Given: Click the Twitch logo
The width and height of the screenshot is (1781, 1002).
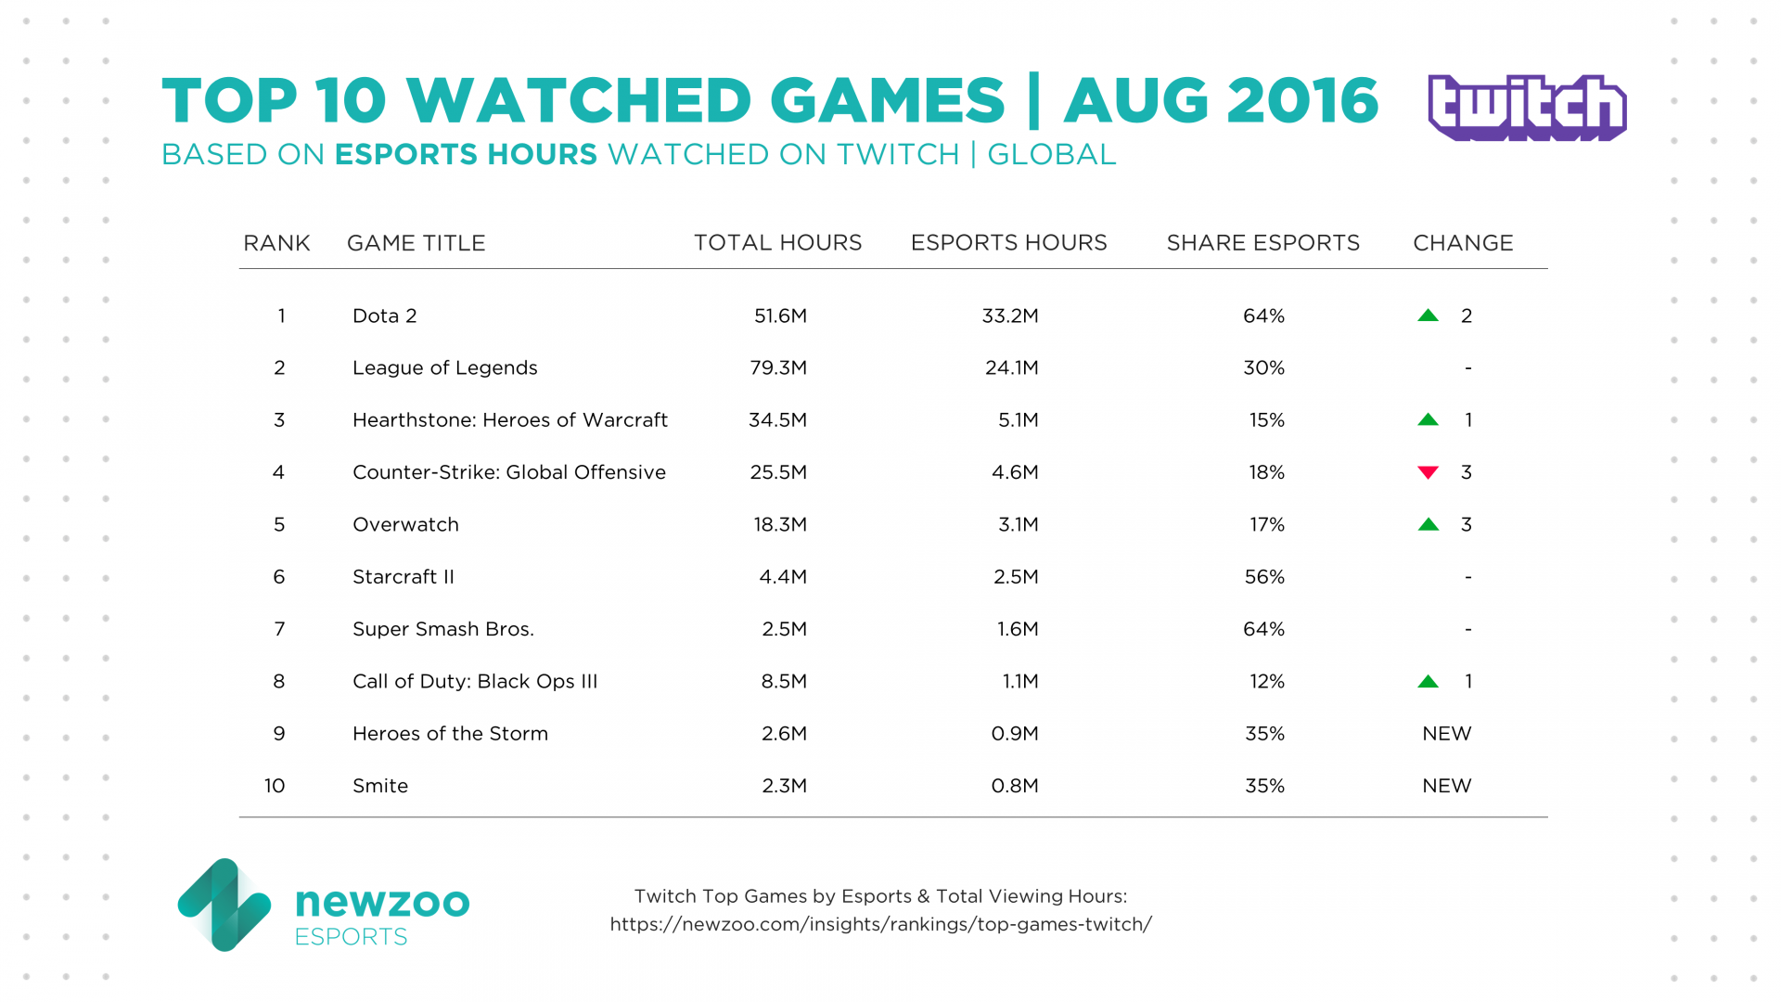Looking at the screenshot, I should (1527, 108).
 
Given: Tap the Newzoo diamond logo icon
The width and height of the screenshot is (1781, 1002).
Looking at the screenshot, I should (224, 905).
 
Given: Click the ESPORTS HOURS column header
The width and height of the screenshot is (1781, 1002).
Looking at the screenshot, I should (1008, 243).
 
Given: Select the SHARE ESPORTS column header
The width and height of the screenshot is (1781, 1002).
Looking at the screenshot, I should (1262, 243).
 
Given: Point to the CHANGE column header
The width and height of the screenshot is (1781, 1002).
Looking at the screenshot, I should (1463, 243).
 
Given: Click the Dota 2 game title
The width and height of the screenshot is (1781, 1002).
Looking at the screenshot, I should (384, 315).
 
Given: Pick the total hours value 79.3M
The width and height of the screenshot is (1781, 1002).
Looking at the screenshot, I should (778, 367).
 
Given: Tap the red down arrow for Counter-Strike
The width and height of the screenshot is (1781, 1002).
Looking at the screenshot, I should (1429, 473).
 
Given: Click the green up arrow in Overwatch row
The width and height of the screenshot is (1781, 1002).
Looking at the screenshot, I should (1429, 524).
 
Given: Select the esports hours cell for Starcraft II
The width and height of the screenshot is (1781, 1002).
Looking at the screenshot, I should (1016, 577).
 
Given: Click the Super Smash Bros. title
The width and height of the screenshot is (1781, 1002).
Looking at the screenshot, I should (442, 629).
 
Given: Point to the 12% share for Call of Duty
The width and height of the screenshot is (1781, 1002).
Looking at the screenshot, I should (1266, 681).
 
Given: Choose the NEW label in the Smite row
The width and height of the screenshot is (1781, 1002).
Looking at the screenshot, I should (1446, 786).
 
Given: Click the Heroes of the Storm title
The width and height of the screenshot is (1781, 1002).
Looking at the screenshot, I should (450, 734).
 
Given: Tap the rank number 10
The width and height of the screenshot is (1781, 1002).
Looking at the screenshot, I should (275, 786).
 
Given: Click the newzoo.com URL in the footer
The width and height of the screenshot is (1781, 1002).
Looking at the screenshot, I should (880, 924).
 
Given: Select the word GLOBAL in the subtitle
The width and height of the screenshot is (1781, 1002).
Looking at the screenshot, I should (1051, 155).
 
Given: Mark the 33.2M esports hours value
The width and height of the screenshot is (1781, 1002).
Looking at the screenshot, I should (1010, 315).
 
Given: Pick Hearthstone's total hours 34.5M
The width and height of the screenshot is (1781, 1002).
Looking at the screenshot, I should (777, 420).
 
